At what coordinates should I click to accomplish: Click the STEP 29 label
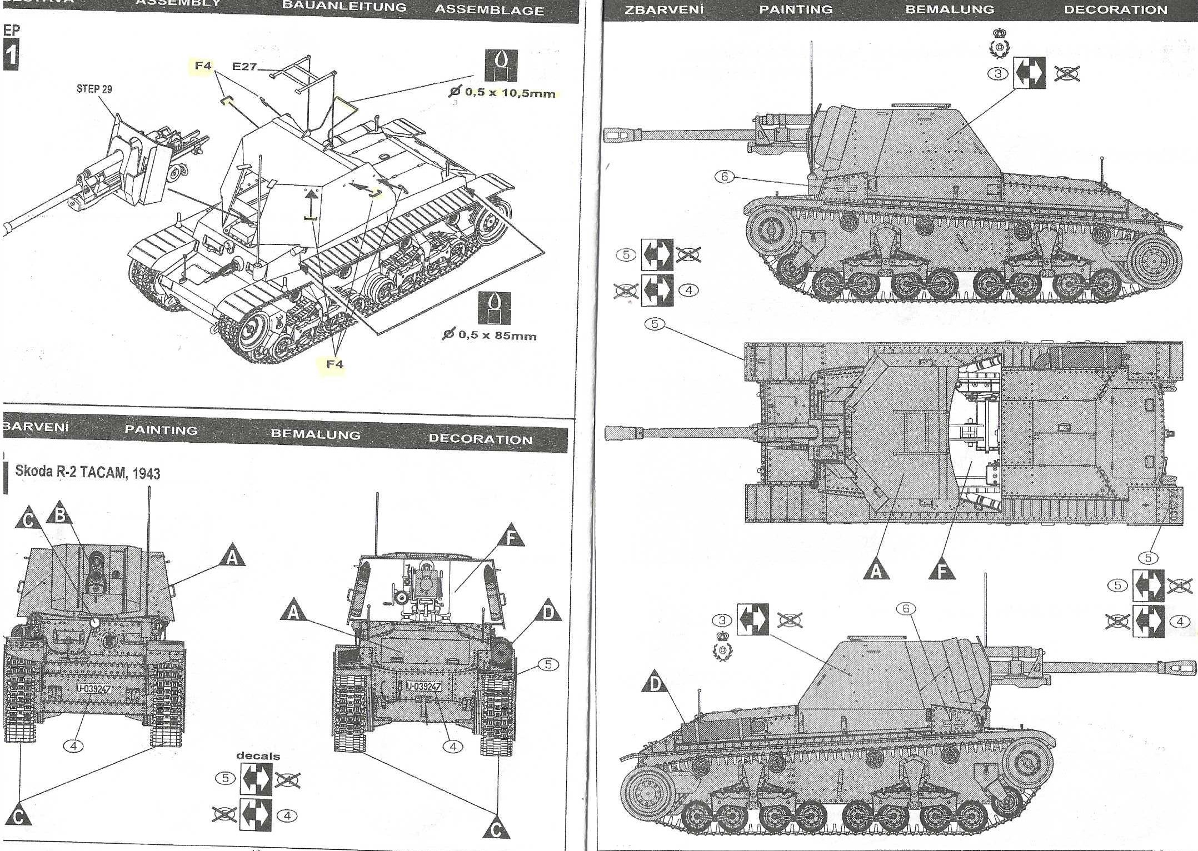(94, 89)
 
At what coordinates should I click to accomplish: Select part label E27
(244, 67)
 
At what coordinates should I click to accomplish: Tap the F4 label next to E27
(203, 66)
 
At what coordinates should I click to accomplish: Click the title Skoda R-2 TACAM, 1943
(87, 473)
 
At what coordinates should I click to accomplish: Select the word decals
(258, 756)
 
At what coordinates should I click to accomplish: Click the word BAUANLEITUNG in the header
(344, 7)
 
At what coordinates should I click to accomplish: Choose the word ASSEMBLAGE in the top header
(489, 10)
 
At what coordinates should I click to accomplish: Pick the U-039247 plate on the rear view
(423, 687)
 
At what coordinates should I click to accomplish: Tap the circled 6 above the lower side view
(906, 609)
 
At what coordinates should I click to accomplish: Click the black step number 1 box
(11, 56)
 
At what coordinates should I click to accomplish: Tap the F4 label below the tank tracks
(335, 364)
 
